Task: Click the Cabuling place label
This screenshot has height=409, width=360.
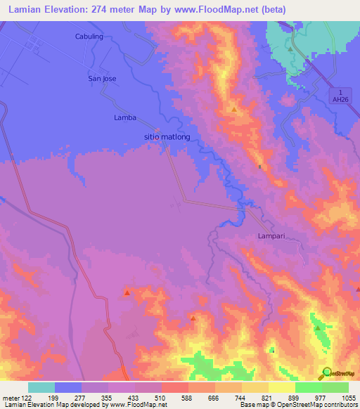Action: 89,36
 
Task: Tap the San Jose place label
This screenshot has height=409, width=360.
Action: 101,79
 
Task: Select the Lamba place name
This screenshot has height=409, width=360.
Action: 124,117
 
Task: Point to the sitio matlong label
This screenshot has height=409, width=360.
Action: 167,137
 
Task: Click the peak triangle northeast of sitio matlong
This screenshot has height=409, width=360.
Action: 234,110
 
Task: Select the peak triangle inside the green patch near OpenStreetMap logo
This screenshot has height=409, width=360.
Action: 318,327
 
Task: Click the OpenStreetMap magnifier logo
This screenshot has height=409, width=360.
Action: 327,373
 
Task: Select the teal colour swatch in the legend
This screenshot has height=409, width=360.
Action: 41,387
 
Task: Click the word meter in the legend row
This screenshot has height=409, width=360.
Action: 11,397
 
